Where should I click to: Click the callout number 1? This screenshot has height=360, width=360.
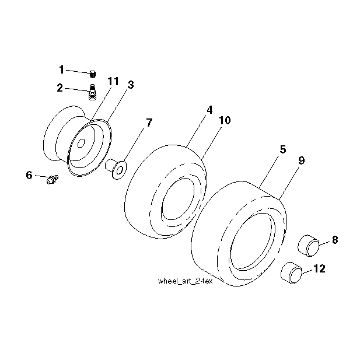pyautogui.click(x=61, y=69)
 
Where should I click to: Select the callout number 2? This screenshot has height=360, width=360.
pyautogui.click(x=60, y=88)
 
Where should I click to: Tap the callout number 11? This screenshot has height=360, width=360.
pyautogui.click(x=113, y=81)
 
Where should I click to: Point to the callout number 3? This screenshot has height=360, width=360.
pyautogui.click(x=131, y=85)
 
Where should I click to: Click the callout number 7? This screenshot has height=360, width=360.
pyautogui.click(x=149, y=123)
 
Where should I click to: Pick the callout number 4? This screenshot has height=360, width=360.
pyautogui.click(x=209, y=110)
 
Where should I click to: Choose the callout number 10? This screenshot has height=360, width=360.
pyautogui.click(x=225, y=120)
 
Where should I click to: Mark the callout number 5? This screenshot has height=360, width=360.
pyautogui.click(x=283, y=149)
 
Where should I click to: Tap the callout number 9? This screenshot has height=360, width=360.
pyautogui.click(x=302, y=160)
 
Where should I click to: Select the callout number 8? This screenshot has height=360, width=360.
pyautogui.click(x=335, y=240)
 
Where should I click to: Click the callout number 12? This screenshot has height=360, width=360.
pyautogui.click(x=319, y=268)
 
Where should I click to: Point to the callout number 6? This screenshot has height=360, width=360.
pyautogui.click(x=29, y=175)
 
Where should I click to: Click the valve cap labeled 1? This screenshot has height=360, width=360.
pyautogui.click(x=93, y=74)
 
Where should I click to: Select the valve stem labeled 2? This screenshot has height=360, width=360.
pyautogui.click(x=92, y=92)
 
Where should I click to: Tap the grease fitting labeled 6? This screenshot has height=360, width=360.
pyautogui.click(x=52, y=179)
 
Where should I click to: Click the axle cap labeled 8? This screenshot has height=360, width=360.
pyautogui.click(x=308, y=245)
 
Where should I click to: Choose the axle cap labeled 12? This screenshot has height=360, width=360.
pyautogui.click(x=291, y=273)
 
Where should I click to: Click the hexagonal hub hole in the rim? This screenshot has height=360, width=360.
pyautogui.click(x=81, y=143)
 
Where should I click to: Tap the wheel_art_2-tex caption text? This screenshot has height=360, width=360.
pyautogui.click(x=186, y=281)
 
